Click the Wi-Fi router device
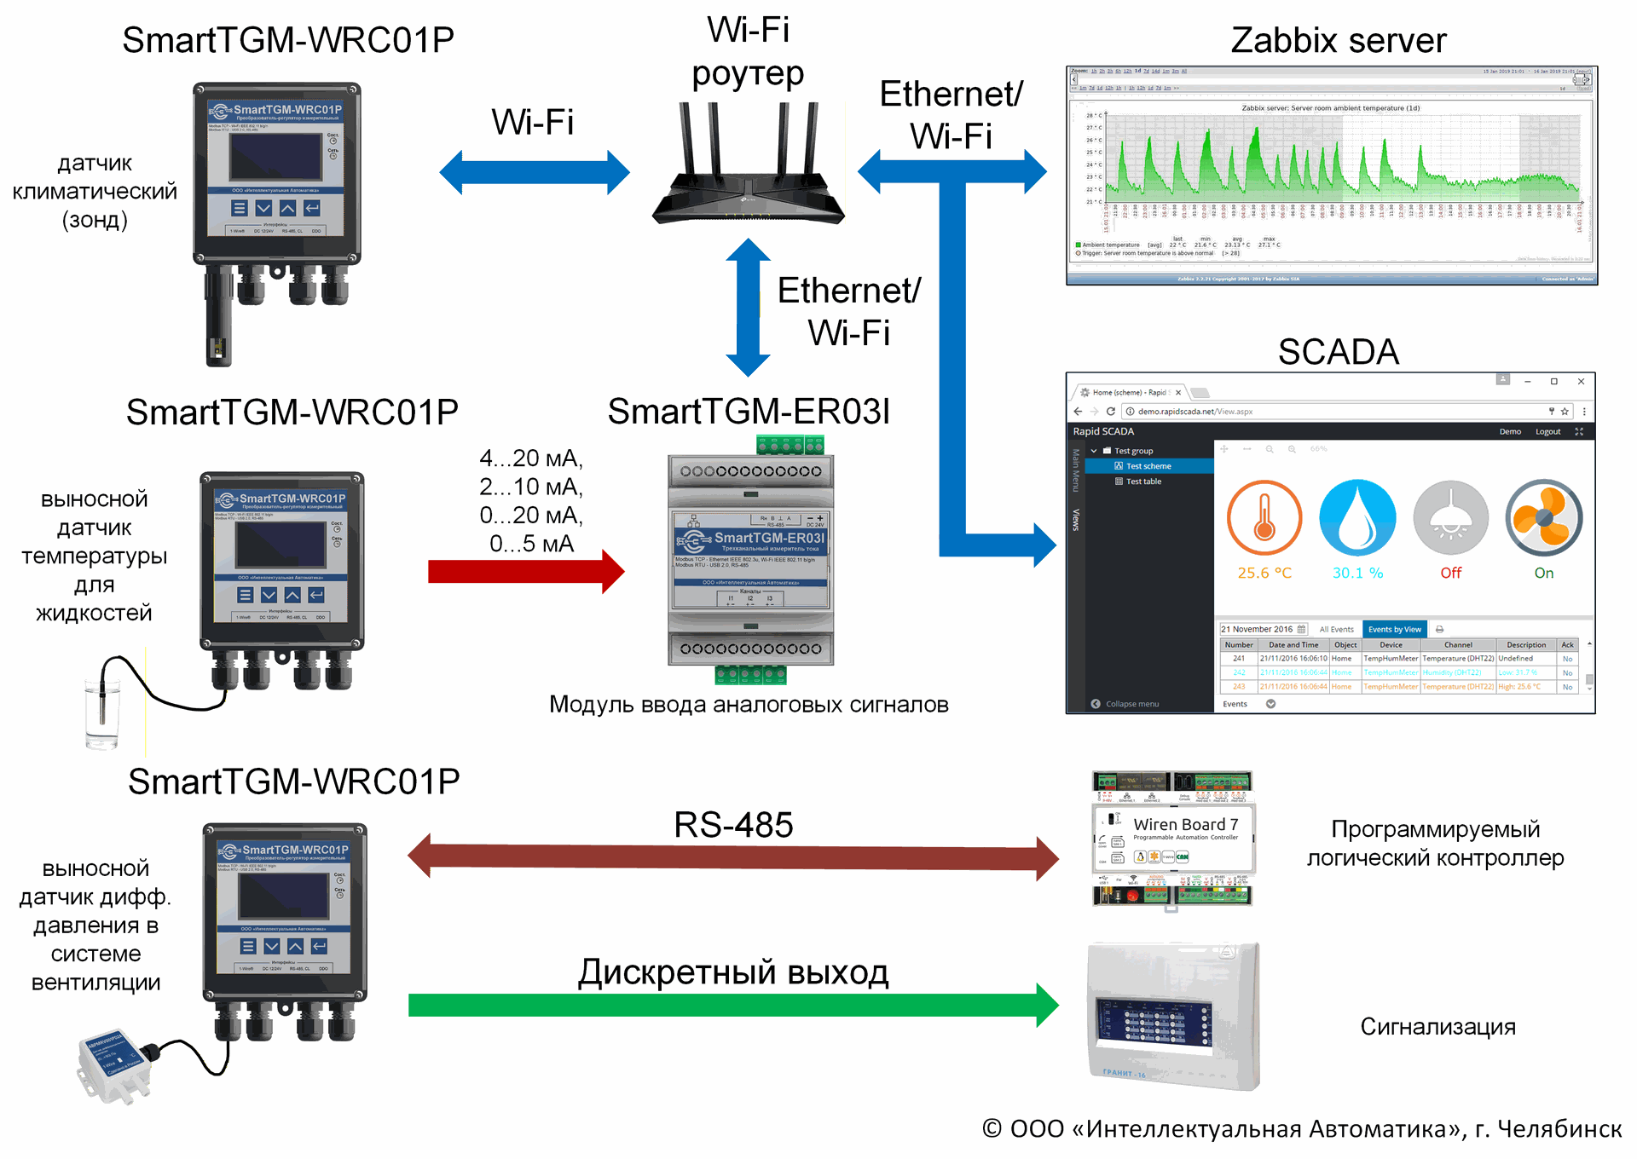coord(748,170)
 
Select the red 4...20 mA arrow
coord(525,571)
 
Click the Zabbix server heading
coord(1338,40)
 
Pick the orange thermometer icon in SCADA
coord(1264,518)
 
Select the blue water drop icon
coord(1357,518)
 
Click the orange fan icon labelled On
coord(1543,518)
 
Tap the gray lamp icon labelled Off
coord(1450,518)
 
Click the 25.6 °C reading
coord(1264,574)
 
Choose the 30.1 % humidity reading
coord(1357,574)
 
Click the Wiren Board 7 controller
coord(1172,839)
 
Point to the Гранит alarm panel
coord(1173,1016)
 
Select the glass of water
coord(101,712)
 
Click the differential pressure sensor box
coord(113,1065)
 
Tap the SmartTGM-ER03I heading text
coord(749,412)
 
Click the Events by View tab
coord(1394,630)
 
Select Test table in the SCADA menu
coord(1142,481)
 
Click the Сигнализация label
coord(1437,1027)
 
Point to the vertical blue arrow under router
coord(748,307)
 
